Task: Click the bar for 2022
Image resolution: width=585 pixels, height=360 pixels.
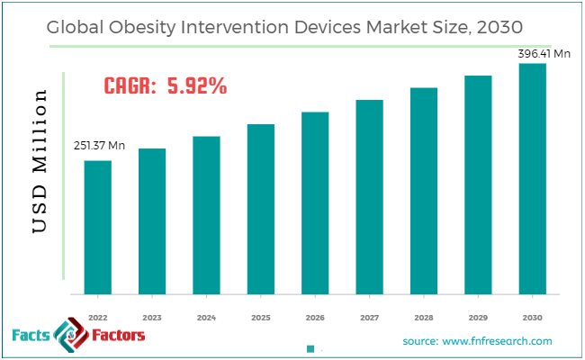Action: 98,228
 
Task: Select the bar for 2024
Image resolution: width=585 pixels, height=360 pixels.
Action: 207,215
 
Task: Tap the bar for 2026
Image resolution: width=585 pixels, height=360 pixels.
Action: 315,203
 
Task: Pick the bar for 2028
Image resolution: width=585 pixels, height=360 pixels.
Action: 424,191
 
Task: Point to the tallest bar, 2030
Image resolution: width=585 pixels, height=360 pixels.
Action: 533,179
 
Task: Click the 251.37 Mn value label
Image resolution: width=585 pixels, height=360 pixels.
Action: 100,146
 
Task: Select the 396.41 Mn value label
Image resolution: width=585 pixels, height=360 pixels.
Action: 544,54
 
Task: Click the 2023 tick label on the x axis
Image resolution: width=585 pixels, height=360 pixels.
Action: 152,317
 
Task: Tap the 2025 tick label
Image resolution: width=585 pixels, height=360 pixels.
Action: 261,317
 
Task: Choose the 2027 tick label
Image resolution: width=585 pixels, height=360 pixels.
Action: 370,317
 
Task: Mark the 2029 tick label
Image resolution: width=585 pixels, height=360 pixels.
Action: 479,317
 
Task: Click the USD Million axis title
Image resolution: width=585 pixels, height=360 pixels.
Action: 40,162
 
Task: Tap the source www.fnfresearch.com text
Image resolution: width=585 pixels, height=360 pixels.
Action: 477,341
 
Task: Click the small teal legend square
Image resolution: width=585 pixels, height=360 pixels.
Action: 310,348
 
